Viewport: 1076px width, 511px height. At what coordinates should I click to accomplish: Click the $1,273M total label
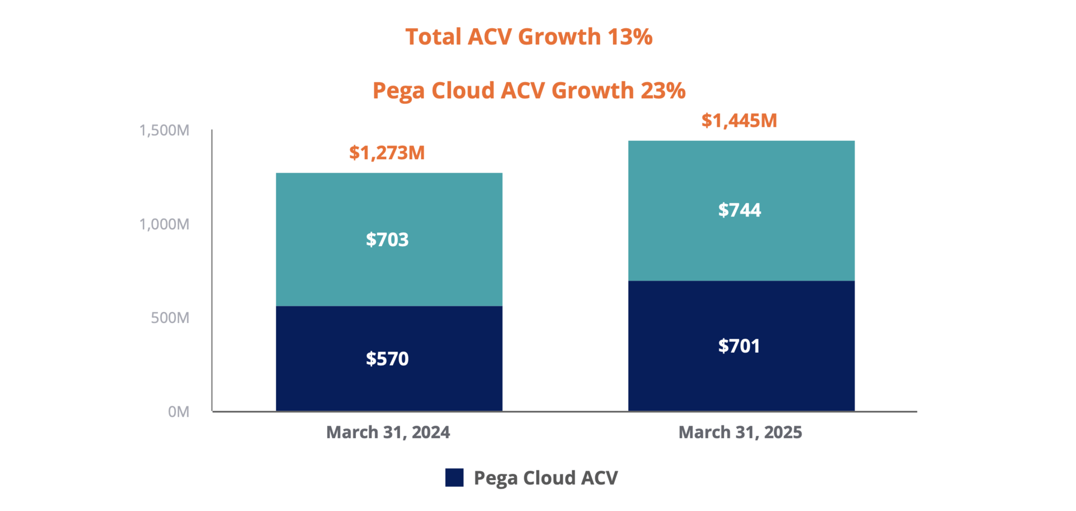click(x=387, y=153)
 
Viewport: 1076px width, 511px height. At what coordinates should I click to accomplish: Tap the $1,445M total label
click(x=739, y=121)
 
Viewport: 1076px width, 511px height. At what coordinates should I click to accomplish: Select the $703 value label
click(x=387, y=240)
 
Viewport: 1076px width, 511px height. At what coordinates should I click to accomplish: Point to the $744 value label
click(x=739, y=210)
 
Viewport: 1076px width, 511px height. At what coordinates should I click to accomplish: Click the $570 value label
click(x=387, y=358)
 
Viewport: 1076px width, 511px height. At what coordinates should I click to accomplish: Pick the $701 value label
click(x=739, y=346)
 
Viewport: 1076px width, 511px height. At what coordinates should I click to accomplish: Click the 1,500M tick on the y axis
click(x=164, y=130)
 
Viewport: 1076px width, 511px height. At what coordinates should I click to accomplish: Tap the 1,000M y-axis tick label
click(x=164, y=224)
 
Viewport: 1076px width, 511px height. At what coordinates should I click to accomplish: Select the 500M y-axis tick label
click(x=170, y=318)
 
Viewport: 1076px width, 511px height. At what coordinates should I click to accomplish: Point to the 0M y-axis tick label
click(x=178, y=412)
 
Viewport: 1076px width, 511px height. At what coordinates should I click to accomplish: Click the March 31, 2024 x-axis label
click(x=388, y=432)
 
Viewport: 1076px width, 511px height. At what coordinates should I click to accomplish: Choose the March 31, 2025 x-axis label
click(x=740, y=432)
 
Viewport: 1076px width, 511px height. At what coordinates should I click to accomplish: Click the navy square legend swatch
click(x=454, y=477)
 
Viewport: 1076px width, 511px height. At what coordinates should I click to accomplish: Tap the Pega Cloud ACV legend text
click(x=545, y=478)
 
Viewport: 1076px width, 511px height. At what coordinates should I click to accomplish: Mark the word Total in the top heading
click(x=433, y=37)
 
